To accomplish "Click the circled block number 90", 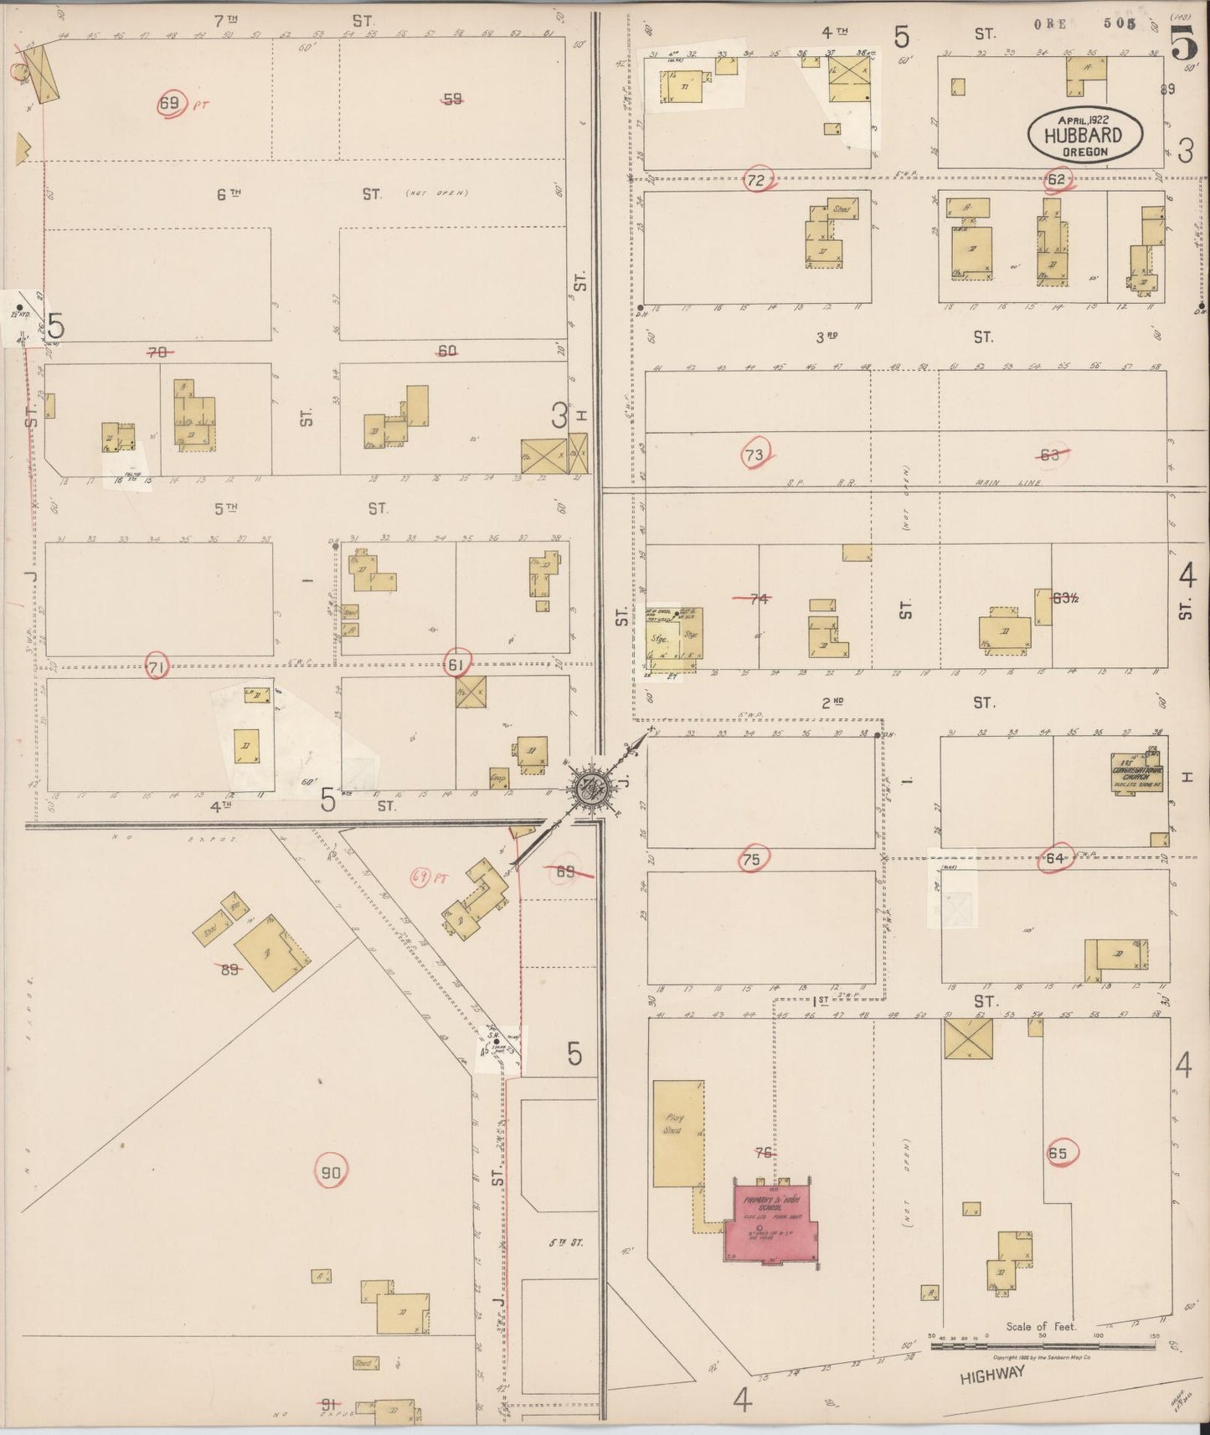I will pyautogui.click(x=332, y=1173).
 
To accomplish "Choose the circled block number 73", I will pyautogui.click(x=754, y=455).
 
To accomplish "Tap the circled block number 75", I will pyautogui.click(x=751, y=859).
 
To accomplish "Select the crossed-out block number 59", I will pyautogui.click(x=453, y=100).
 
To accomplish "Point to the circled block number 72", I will pyautogui.click(x=757, y=180).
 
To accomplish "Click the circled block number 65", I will pyautogui.click(x=1058, y=1153).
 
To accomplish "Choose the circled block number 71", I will pyautogui.click(x=156, y=667).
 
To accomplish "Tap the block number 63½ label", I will pyautogui.click(x=1065, y=598).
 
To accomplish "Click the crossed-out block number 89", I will pyautogui.click(x=229, y=970).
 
